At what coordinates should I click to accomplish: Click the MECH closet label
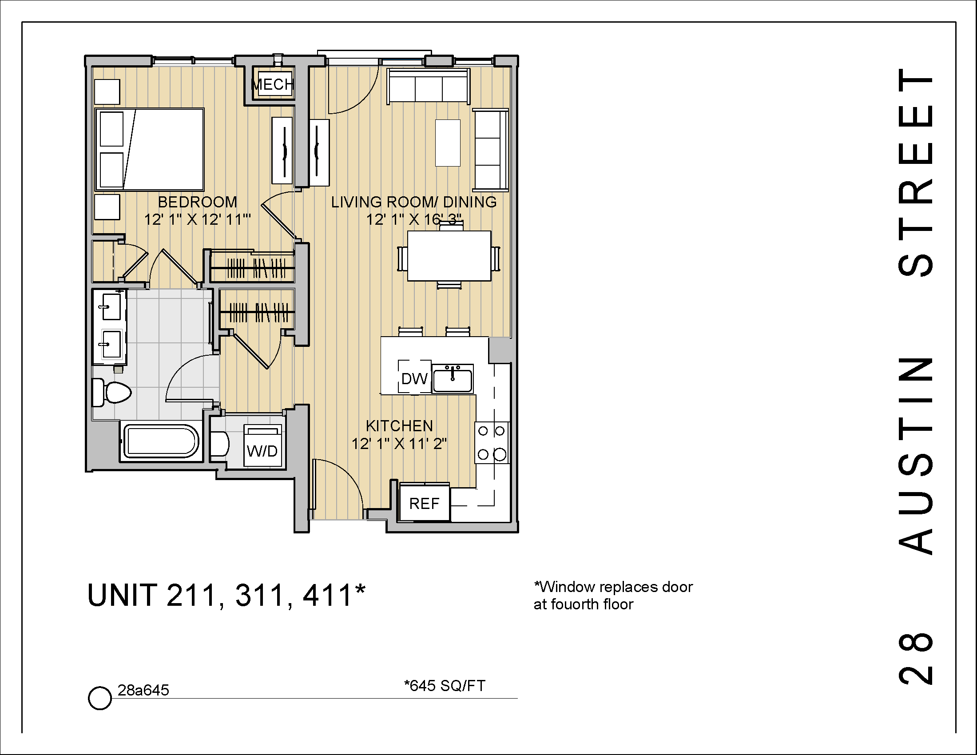coord(272,84)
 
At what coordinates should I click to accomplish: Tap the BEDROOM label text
coord(197,202)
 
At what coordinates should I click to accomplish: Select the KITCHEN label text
coord(399,426)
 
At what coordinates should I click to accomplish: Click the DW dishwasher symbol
coord(414,378)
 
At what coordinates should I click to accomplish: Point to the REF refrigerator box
coord(424,504)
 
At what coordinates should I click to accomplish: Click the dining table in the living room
coord(449,256)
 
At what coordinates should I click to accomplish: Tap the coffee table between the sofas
coord(448,143)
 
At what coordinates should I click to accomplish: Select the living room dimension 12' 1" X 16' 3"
coord(413,220)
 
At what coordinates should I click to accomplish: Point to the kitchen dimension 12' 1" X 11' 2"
coord(399,444)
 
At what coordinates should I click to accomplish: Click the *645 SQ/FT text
coord(444,686)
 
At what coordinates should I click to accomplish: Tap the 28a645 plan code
coord(143,691)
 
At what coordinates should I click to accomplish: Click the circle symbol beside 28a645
coord(99,698)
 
